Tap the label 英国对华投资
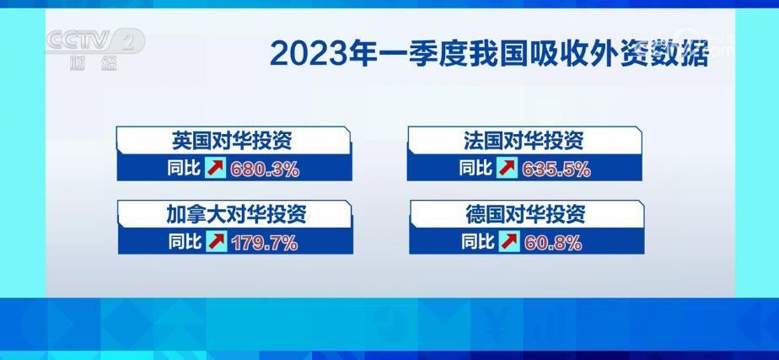[232, 142]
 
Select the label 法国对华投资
[524, 142]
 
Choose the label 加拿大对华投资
[236, 214]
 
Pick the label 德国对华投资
[525, 214]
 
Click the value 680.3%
[265, 169]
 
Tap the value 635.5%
[556, 169]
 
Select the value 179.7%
[265, 242]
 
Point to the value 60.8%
[552, 242]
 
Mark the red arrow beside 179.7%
[216, 241]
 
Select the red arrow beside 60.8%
[508, 241]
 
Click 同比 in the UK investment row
[184, 168]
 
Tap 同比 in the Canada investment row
[185, 241]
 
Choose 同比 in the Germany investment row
[478, 241]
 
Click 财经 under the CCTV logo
[94, 63]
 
